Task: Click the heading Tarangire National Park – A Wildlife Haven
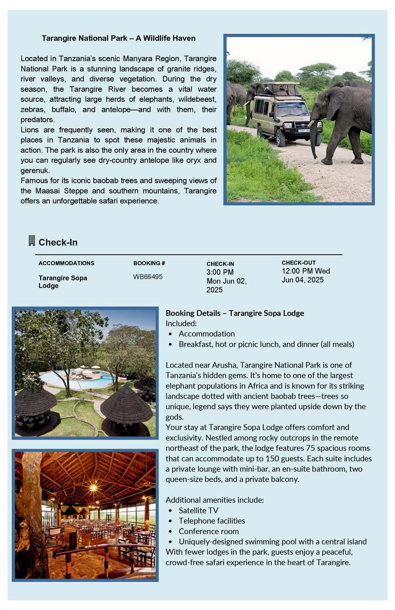point(118,38)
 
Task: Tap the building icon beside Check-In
point(32,241)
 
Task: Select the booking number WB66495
point(147,277)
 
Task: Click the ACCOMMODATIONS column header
point(66,263)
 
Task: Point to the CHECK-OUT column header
point(298,263)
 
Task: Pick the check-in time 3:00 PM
point(220,272)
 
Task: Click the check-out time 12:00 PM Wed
point(305,271)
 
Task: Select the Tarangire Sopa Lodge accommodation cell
point(63,282)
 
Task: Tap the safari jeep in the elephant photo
point(282,113)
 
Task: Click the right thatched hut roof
point(126,404)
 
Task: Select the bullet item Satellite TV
point(198,510)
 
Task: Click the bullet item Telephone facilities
point(212,521)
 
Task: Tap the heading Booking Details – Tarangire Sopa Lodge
point(235,313)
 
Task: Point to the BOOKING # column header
point(149,263)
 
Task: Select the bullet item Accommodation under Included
point(206,333)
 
